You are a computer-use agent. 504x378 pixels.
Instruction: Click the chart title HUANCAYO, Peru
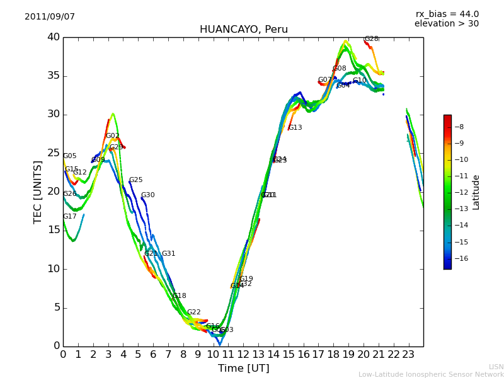pyautogui.click(x=243, y=30)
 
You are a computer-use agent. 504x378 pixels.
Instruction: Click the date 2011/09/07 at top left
pyautogui.click(x=50, y=16)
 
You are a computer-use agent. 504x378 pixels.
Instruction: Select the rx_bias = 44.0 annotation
pyautogui.click(x=447, y=14)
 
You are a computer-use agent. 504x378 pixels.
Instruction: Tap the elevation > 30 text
pyautogui.click(x=446, y=24)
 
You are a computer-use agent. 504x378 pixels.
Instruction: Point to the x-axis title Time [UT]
pyautogui.click(x=243, y=369)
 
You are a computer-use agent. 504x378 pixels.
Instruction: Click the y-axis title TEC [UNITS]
pyautogui.click(x=38, y=192)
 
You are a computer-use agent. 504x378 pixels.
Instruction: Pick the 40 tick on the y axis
pyautogui.click(x=53, y=37)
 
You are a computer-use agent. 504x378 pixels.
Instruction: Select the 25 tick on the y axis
pyautogui.click(x=53, y=153)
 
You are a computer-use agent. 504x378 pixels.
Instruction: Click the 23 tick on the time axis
pyautogui.click(x=408, y=355)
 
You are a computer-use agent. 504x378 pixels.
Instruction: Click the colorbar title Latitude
pyautogui.click(x=476, y=192)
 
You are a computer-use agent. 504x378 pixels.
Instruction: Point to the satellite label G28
pyautogui.click(x=372, y=39)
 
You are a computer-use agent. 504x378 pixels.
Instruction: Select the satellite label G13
pyautogui.click(x=295, y=128)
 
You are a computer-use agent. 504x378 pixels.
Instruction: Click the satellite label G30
pyautogui.click(x=147, y=195)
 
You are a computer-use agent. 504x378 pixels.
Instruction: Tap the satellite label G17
pyautogui.click(x=69, y=217)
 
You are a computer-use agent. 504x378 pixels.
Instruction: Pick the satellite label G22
pyautogui.click(x=193, y=312)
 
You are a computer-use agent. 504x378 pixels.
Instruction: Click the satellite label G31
pyautogui.click(x=168, y=254)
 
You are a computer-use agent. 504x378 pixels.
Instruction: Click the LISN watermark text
pyautogui.click(x=496, y=367)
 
